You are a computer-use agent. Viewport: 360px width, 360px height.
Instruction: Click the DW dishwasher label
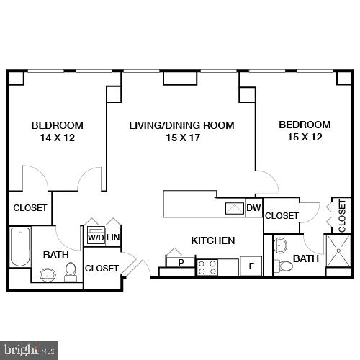[253, 209]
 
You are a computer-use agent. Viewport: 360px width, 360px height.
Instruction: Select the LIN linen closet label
[113, 237]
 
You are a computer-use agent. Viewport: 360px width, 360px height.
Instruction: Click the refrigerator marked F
[251, 266]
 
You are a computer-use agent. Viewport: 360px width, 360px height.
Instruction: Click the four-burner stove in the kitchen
[207, 268]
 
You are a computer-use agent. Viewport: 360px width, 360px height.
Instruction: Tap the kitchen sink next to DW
[235, 209]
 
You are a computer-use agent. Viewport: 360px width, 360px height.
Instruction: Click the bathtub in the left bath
[19, 248]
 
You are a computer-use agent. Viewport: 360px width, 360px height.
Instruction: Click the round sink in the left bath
[48, 274]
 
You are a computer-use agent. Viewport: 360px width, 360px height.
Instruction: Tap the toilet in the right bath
[285, 266]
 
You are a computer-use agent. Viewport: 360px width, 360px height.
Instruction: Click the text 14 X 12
[57, 138]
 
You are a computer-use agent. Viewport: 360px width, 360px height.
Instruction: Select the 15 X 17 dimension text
[181, 138]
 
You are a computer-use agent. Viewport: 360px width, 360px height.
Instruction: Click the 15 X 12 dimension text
[305, 138]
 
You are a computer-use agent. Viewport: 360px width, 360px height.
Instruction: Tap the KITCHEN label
[212, 240]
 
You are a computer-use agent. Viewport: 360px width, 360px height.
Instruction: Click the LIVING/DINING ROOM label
[181, 125]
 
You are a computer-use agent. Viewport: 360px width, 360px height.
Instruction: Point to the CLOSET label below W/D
[102, 268]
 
